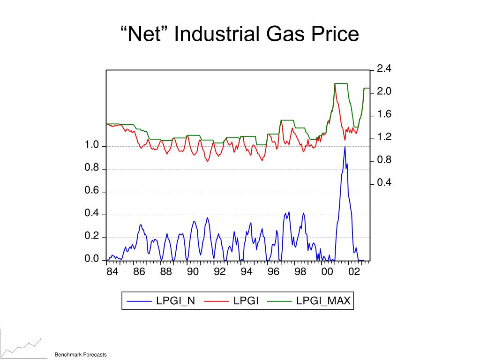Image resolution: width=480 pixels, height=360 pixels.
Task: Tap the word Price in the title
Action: point(333,35)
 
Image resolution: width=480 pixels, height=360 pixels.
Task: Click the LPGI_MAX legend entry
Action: point(323,301)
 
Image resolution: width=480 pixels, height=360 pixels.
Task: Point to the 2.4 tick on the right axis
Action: point(384,69)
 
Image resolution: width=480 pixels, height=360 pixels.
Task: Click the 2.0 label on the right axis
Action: point(384,92)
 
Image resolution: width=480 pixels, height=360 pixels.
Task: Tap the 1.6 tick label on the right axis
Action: point(384,115)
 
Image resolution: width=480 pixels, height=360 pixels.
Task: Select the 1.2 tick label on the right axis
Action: point(384,137)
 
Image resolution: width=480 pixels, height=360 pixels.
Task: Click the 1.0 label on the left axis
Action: point(92,146)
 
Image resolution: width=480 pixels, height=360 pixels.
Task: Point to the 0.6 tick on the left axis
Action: point(92,191)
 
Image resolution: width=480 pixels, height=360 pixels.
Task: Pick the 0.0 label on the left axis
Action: point(92,260)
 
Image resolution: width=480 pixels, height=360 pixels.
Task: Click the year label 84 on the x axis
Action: point(112,272)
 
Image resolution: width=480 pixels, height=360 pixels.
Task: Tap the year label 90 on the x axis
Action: point(193,272)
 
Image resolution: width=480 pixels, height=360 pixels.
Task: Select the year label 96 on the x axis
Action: point(273,272)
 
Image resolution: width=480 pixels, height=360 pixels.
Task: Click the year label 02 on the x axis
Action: point(354,272)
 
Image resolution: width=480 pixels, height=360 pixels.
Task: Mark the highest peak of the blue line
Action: point(345,147)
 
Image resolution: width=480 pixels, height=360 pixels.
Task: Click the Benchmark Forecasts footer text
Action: point(81,355)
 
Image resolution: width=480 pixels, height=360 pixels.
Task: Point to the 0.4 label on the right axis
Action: point(384,183)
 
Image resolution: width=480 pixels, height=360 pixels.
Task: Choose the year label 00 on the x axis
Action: point(327,272)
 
